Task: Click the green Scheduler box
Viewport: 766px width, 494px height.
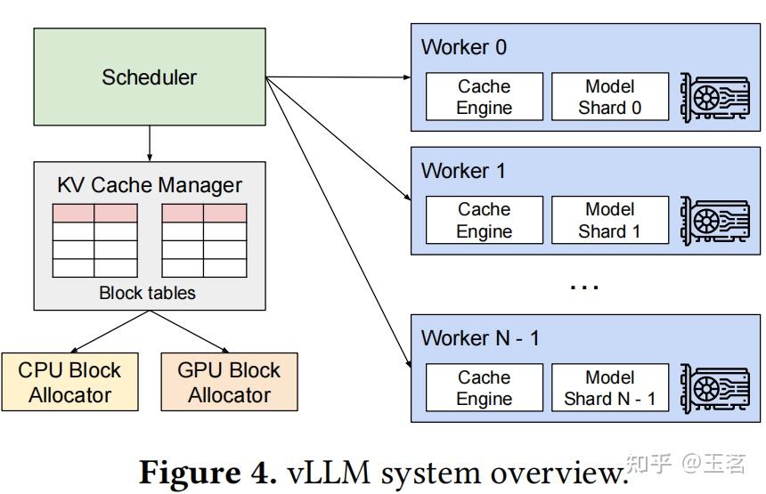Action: tap(150, 77)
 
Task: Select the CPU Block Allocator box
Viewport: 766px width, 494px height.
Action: tap(69, 382)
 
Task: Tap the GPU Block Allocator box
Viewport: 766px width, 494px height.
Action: tap(229, 382)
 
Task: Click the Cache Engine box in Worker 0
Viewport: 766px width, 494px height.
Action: tap(484, 97)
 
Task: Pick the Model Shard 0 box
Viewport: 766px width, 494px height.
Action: tap(609, 97)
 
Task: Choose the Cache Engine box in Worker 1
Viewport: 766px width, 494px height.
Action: tap(484, 220)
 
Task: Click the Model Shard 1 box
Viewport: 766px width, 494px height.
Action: tap(609, 220)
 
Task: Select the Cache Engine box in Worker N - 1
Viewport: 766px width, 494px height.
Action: tap(484, 388)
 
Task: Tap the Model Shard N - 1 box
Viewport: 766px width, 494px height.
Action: tap(609, 388)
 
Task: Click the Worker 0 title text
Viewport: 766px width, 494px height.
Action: tap(463, 47)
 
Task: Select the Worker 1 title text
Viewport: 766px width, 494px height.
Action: tap(463, 170)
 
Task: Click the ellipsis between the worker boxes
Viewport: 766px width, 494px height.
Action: tap(583, 287)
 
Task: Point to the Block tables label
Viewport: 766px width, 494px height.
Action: tap(147, 293)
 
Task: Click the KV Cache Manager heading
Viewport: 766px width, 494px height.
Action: tap(149, 185)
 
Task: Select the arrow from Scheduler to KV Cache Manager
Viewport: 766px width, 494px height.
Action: tap(150, 143)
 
